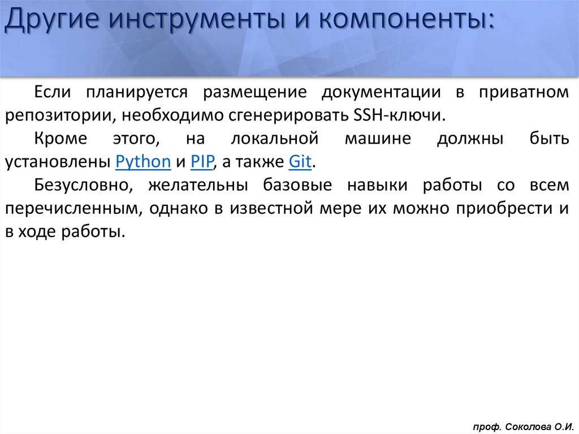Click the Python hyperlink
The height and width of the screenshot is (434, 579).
[x=143, y=162]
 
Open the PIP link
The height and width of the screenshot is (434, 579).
[x=201, y=162]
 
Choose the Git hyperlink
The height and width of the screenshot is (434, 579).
[x=300, y=162]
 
